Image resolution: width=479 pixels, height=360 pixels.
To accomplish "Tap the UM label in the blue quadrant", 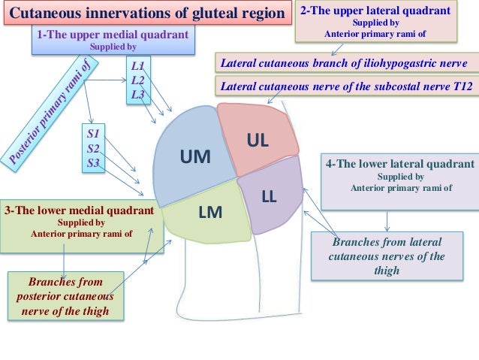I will pos(195,156).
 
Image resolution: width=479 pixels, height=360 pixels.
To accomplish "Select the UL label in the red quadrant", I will pos(258,140).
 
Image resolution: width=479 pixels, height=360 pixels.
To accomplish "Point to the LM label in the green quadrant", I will pos(209,213).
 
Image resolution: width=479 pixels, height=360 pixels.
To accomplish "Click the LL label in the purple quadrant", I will pos(270,197).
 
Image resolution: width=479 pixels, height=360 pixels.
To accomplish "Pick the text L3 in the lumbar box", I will pos(138,94).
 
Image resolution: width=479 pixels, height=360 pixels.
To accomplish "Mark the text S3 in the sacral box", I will pos(94,162).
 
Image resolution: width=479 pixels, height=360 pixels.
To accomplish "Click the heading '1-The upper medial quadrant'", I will pos(113,35).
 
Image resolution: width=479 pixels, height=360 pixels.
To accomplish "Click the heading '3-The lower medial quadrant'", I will pos(81,210).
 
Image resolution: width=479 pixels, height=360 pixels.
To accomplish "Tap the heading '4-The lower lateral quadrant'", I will pos(399,164).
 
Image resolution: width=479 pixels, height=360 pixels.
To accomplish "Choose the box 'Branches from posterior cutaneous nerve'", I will pos(65,296).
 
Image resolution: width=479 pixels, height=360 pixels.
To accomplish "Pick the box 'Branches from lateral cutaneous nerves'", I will pos(387,256).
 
